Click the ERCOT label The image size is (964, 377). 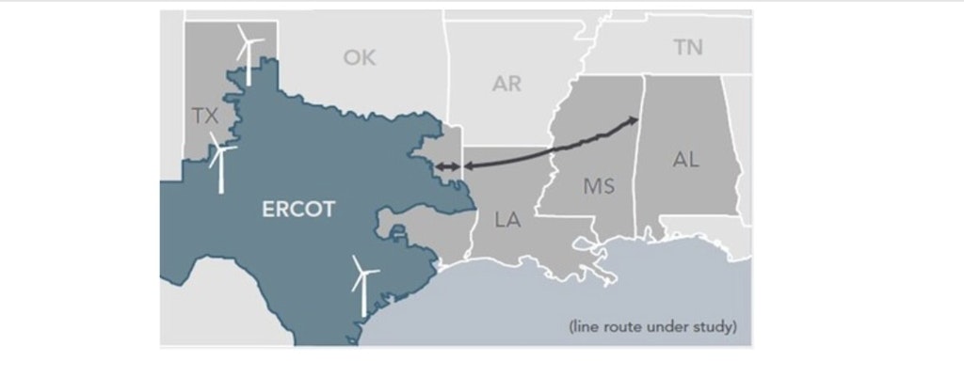(297, 210)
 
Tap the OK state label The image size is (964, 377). (360, 58)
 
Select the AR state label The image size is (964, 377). (506, 85)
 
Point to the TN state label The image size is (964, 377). (688, 47)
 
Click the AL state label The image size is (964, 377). (686, 160)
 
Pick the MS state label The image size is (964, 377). (599, 187)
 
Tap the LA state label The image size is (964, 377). (507, 221)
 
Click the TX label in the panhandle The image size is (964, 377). (204, 117)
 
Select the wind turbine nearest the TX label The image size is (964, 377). (221, 160)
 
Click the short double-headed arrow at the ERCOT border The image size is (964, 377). (447, 167)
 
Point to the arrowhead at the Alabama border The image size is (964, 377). (633, 121)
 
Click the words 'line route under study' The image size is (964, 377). (652, 328)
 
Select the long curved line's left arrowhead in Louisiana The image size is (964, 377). (468, 167)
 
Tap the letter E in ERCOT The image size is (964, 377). (267, 210)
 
